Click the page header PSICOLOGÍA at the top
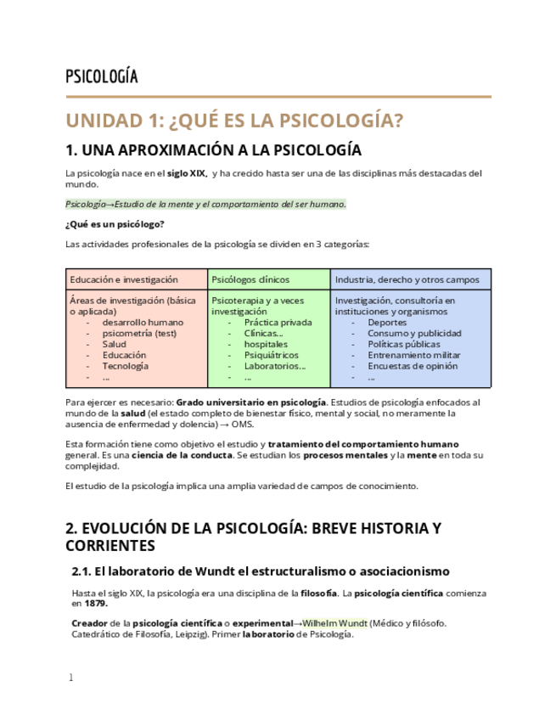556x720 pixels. (101, 77)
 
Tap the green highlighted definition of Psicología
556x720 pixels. (205, 204)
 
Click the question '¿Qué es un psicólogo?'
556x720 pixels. (115, 224)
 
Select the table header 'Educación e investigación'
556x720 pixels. (124, 279)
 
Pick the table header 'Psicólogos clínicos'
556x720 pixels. (250, 279)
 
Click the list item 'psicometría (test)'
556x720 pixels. (139, 334)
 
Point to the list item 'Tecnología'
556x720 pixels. (126, 366)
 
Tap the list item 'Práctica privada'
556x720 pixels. (278, 323)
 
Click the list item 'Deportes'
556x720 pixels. (387, 323)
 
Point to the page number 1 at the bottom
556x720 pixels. (70, 678)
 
